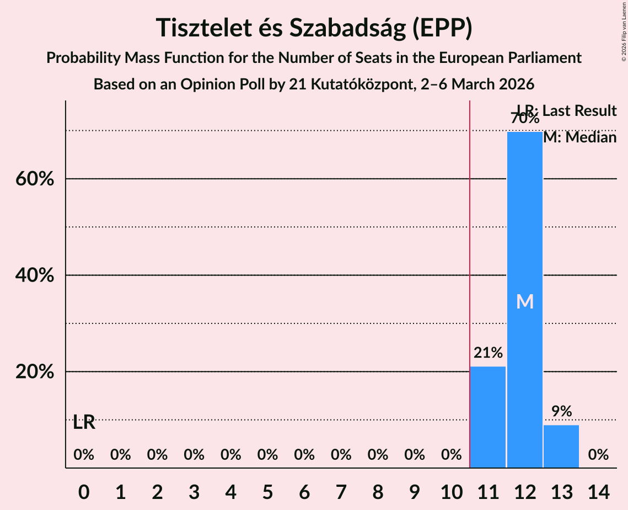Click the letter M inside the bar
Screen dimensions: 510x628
(525, 302)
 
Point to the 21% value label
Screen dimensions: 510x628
(488, 353)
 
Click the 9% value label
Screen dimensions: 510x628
(561, 411)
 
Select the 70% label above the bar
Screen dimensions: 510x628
(525, 118)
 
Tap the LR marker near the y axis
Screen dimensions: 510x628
(84, 423)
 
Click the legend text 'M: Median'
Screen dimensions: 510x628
(579, 137)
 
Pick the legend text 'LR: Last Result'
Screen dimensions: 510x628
(567, 111)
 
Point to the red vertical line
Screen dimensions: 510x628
(470, 276)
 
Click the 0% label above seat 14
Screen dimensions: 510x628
(598, 455)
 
